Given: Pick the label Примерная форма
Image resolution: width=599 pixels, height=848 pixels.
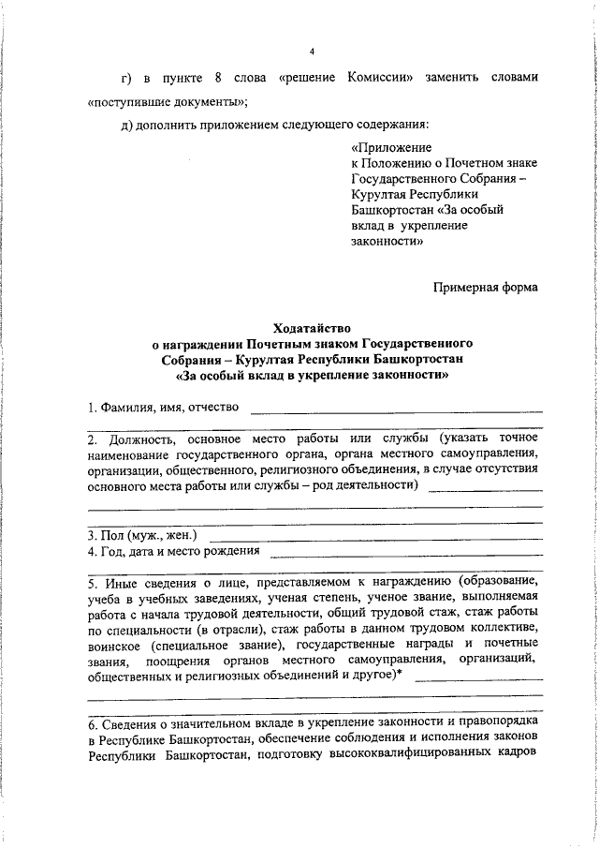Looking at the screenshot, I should [485, 288].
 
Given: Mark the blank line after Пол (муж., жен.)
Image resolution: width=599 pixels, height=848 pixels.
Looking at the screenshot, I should [375, 538].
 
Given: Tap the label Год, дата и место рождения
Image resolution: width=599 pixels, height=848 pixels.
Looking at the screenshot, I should [172, 551].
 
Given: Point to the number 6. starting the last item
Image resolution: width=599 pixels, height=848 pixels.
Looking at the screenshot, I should [93, 726].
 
